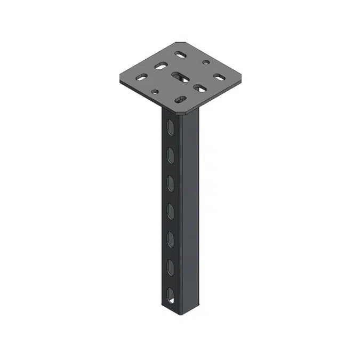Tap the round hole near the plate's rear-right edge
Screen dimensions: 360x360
point(205,62)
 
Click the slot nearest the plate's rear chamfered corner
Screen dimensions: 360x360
point(180,54)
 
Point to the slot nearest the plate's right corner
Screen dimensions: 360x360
point(219,77)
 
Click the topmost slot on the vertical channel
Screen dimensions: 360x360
point(170,128)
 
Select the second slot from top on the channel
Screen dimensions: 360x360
point(171,155)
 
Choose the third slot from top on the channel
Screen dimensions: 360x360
point(171,183)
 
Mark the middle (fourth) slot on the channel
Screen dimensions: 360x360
point(171,211)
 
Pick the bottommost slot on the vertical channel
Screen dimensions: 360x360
point(171,294)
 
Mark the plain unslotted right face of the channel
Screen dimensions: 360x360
point(189,213)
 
